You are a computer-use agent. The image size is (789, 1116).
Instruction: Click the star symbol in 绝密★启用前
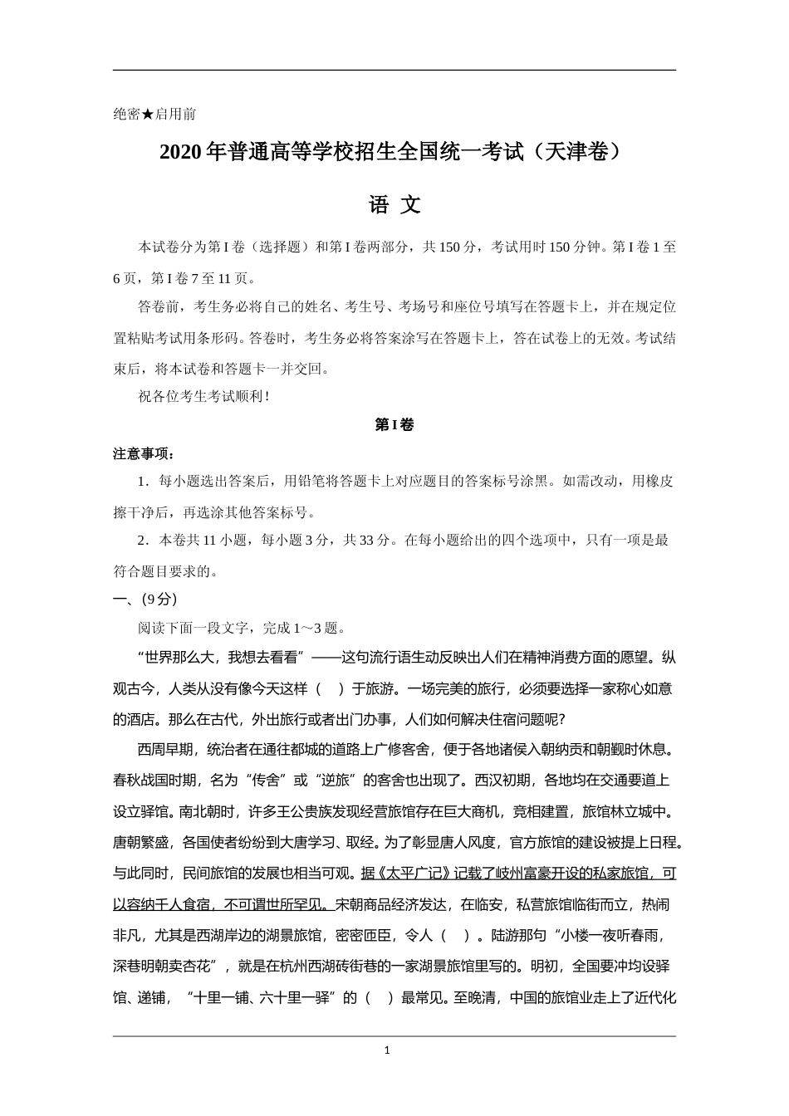[148, 115]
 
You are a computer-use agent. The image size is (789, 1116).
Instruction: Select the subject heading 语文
[394, 205]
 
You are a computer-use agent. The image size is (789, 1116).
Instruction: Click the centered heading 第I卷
[394, 425]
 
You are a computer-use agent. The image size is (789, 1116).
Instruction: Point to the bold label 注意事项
[144, 454]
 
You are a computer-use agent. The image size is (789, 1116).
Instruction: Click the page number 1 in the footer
[387, 1050]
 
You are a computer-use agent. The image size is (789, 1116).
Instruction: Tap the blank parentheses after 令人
[453, 936]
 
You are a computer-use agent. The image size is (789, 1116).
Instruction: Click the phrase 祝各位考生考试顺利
[203, 397]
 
